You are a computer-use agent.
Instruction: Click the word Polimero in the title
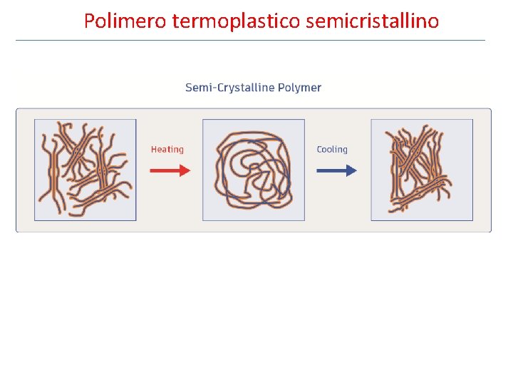(x=125, y=21)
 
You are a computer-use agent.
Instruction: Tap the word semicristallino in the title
(x=372, y=21)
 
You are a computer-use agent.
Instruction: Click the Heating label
(x=167, y=150)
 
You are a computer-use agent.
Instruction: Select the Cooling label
(x=332, y=150)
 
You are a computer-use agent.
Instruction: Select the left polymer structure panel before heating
(x=85, y=170)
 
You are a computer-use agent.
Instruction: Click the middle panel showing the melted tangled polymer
(x=254, y=170)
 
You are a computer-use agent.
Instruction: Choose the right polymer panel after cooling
(x=422, y=170)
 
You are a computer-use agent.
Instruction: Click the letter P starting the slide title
(x=89, y=21)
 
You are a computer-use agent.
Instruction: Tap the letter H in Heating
(x=154, y=150)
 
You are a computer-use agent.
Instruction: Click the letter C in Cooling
(x=320, y=150)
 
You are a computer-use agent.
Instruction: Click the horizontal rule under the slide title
(x=250, y=40)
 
